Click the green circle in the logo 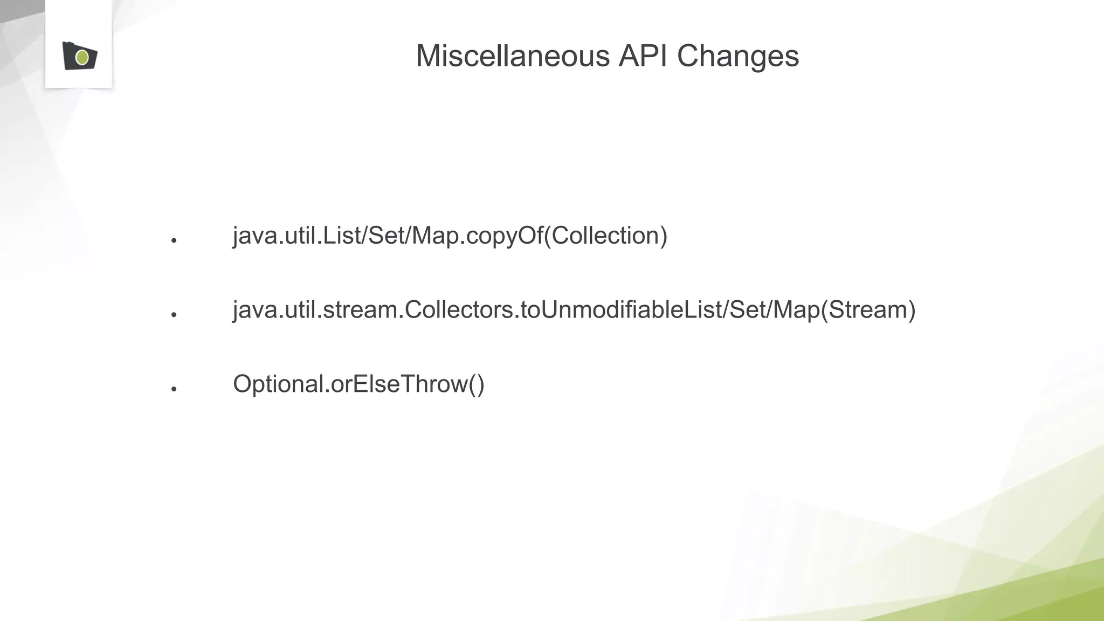click(x=82, y=57)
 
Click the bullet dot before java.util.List click(x=174, y=240)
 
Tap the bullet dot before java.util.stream click(x=174, y=314)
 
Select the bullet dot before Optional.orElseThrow click(x=174, y=389)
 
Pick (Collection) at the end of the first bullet click(x=606, y=236)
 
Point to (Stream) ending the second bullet click(x=867, y=310)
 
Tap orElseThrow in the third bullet click(x=399, y=384)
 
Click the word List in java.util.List click(x=342, y=236)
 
